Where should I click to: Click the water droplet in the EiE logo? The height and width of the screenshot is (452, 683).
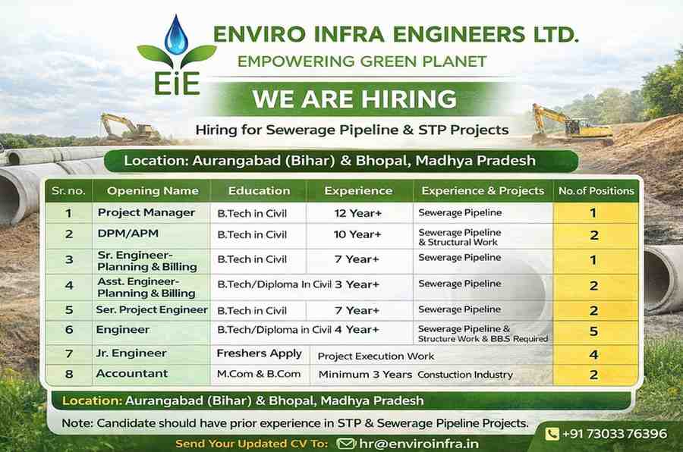click(x=176, y=34)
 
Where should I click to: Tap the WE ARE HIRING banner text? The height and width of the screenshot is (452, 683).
click(x=354, y=99)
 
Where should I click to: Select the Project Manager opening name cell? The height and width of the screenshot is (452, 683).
click(x=146, y=212)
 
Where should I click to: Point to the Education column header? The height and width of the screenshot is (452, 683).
click(x=259, y=190)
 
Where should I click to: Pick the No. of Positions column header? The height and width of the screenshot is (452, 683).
click(x=596, y=190)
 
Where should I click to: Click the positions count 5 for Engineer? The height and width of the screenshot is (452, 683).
click(x=594, y=331)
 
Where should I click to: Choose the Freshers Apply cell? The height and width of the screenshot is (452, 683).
click(x=259, y=353)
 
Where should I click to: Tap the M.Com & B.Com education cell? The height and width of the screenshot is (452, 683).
click(x=259, y=374)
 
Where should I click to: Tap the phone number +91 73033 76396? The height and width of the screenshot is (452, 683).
click(x=614, y=434)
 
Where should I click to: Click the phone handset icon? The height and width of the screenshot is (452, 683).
click(x=552, y=434)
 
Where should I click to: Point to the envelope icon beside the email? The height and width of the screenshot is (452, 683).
click(x=346, y=444)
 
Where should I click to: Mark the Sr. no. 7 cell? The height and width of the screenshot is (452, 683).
click(x=68, y=353)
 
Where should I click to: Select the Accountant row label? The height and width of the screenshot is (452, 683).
click(x=131, y=374)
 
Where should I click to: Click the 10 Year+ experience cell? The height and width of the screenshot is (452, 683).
click(x=357, y=234)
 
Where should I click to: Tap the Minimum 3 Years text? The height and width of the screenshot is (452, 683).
click(x=365, y=375)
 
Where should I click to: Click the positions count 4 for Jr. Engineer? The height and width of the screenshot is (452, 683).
click(x=594, y=354)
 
